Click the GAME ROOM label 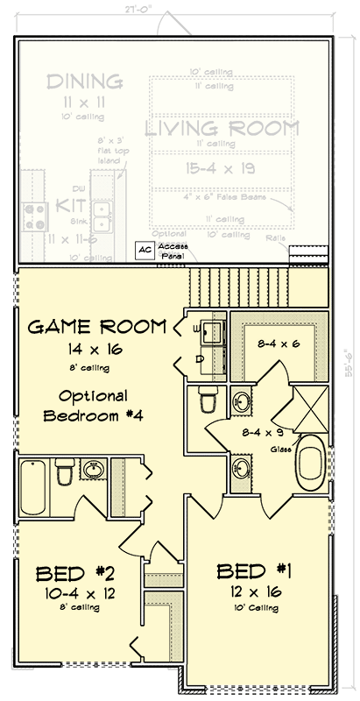[97, 327]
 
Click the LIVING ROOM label [222, 129]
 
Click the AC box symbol [143, 249]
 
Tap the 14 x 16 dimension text [96, 348]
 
